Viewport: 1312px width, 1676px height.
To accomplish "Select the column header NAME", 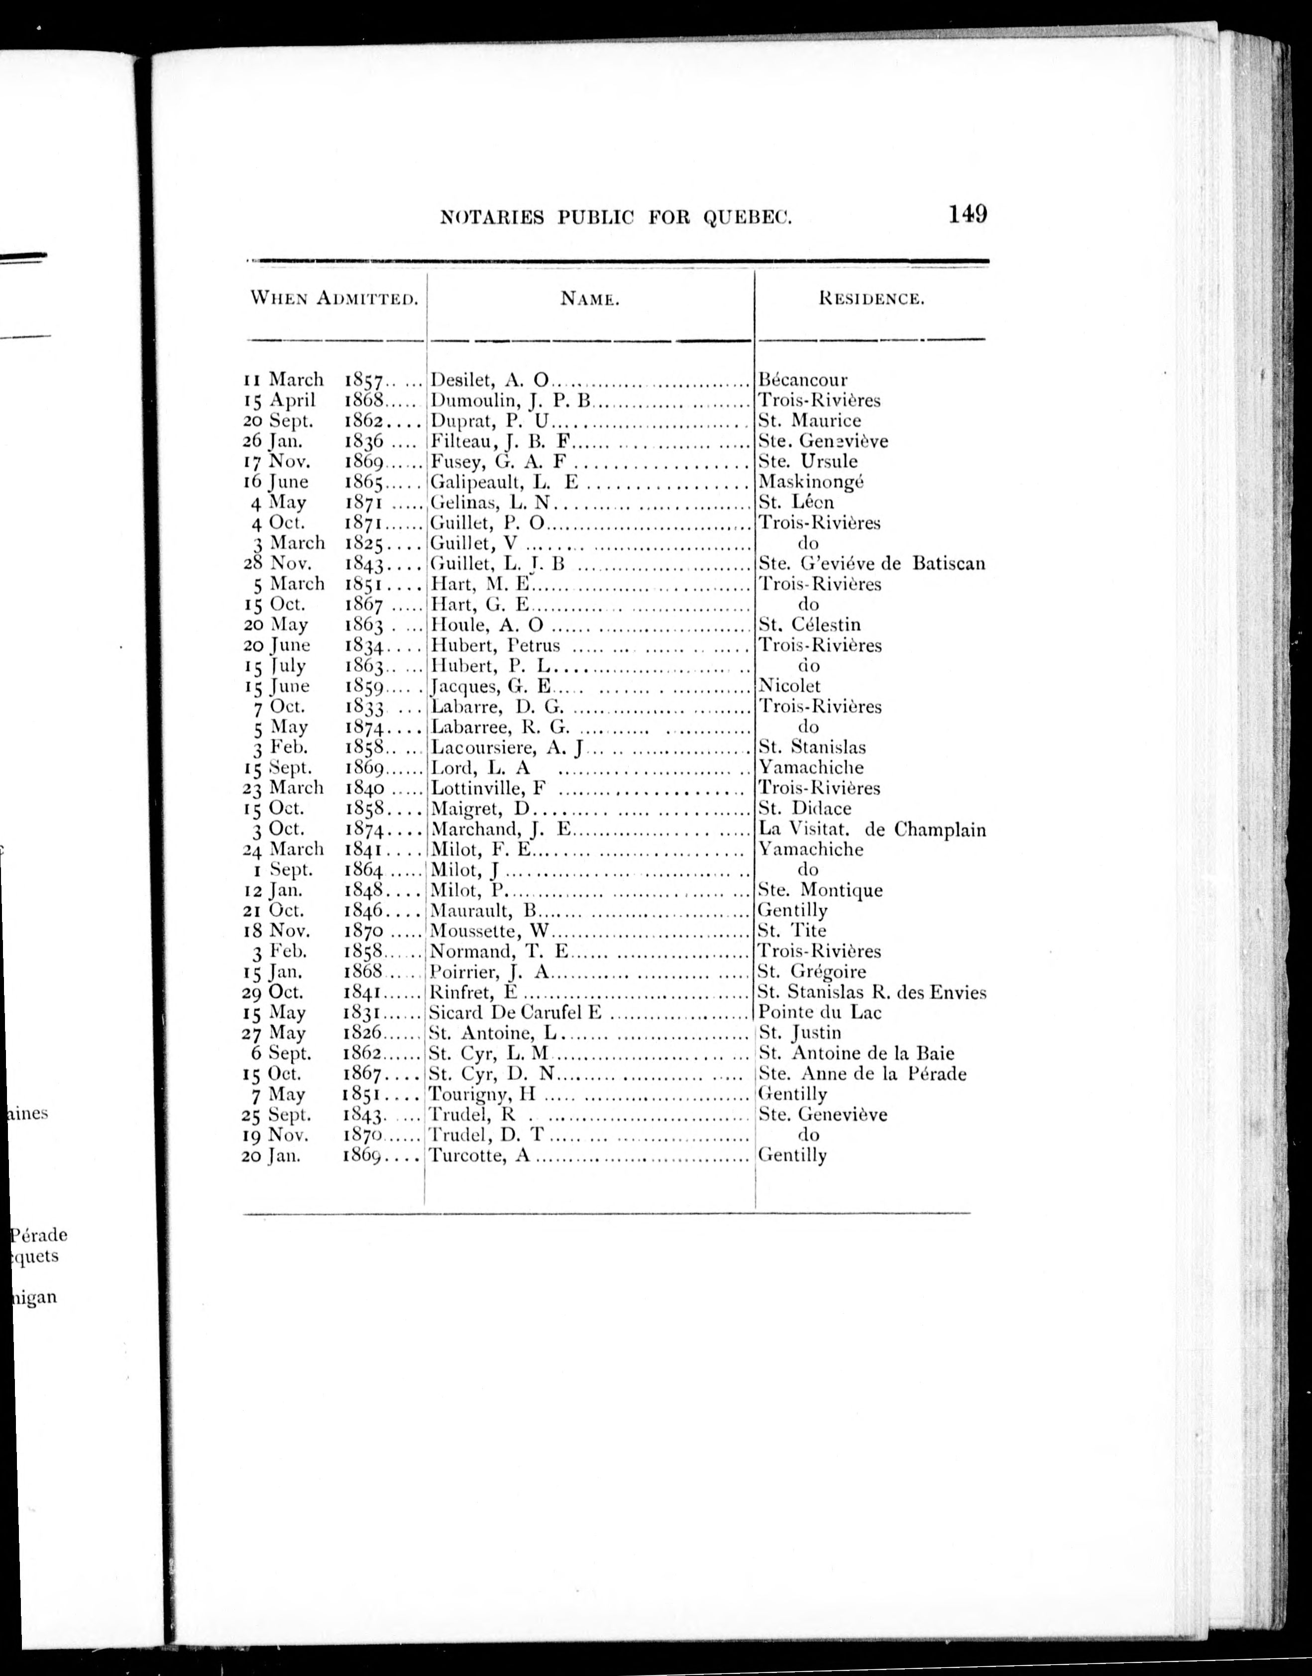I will point(589,299).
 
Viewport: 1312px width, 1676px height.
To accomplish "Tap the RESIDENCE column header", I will point(871,299).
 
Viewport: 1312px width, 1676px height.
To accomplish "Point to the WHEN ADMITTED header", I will point(334,298).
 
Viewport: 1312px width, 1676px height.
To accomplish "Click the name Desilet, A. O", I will point(489,380).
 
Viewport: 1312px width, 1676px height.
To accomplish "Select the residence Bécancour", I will point(803,380).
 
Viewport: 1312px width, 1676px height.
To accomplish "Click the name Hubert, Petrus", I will point(495,645).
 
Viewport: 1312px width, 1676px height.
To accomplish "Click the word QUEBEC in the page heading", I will point(746,218).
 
